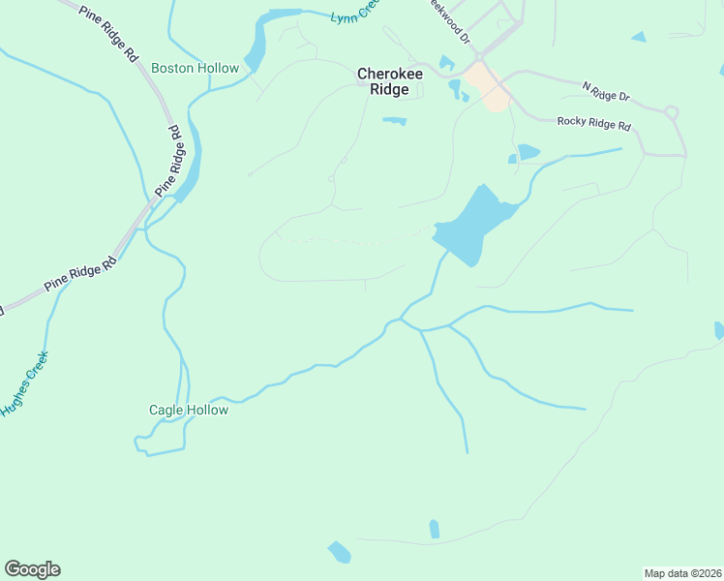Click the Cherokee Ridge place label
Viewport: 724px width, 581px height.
(383, 81)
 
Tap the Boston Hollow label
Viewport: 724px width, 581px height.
(195, 69)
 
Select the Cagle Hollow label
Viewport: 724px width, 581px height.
(189, 410)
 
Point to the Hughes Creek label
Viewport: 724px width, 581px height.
(24, 384)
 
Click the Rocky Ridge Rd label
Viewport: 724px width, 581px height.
(594, 124)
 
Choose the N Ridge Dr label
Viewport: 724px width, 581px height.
(606, 92)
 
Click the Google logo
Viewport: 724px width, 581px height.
(32, 568)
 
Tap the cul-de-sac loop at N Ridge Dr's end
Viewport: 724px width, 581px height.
(672, 112)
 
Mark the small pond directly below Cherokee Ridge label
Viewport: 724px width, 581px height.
(394, 121)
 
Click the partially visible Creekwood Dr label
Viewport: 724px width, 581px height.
(450, 22)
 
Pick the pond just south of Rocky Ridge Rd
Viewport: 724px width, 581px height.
(528, 152)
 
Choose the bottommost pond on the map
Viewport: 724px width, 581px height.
(339, 553)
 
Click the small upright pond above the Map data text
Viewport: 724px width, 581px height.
(434, 529)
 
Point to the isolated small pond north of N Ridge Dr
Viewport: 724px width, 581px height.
(638, 37)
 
